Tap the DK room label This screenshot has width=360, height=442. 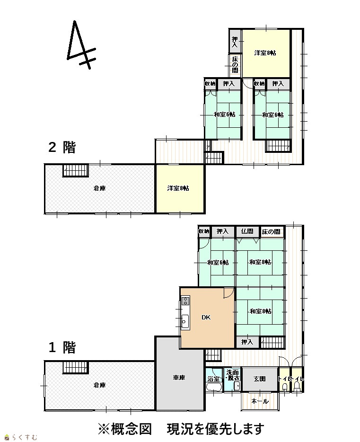(x=206, y=317)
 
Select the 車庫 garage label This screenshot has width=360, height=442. (x=179, y=377)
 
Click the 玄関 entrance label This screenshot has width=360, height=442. (x=259, y=379)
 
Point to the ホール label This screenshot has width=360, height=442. (x=260, y=401)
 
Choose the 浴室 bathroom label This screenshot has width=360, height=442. (x=213, y=379)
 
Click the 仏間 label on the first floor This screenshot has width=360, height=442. (x=247, y=231)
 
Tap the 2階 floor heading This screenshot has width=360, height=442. (x=62, y=147)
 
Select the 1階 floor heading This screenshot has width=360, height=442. (x=62, y=347)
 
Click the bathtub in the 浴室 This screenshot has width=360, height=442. (x=214, y=387)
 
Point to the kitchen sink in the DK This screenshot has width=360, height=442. (x=185, y=321)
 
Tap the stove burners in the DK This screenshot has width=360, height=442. (x=185, y=301)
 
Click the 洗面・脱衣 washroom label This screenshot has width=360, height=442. (x=233, y=375)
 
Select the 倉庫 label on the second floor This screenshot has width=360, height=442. (x=99, y=188)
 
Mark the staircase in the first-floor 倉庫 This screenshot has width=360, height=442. (x=76, y=368)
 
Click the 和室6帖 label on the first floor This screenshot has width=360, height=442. (x=218, y=263)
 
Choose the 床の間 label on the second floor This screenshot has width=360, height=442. (x=235, y=64)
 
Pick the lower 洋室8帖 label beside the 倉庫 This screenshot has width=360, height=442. (x=178, y=188)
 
